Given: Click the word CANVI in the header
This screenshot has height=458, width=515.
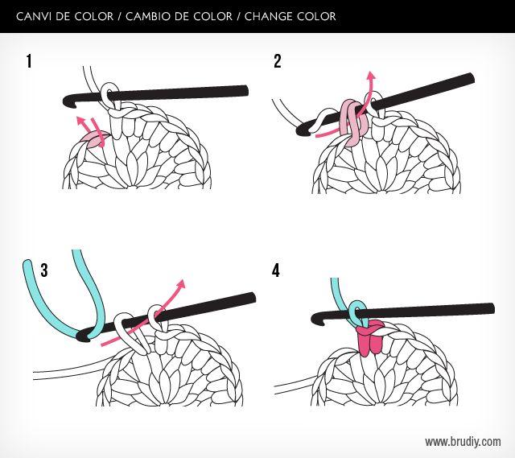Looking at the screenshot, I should [35, 16].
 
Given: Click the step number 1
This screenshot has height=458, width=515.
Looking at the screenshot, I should [31, 61].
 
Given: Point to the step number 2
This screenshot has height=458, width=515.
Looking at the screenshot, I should [278, 61].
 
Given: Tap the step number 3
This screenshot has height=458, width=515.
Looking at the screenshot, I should [43, 270].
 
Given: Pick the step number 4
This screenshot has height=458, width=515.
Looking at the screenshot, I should [276, 270].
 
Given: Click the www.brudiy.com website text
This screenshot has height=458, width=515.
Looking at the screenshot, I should [463, 441].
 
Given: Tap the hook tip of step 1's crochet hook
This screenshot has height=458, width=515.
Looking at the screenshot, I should [64, 101].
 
